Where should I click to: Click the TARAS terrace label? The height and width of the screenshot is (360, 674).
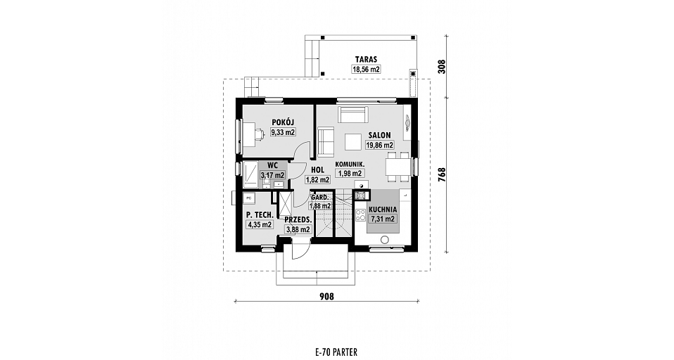pos(366,59)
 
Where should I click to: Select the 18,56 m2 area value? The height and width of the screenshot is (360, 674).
pos(366,69)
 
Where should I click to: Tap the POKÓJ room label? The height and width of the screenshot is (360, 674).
pos(283,123)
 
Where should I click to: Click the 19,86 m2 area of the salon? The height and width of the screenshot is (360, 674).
pos(379,146)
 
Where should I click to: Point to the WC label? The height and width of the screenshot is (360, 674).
pos(272,165)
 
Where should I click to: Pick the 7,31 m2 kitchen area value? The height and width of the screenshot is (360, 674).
pos(382,219)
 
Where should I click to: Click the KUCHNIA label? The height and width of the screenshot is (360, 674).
pos(382,210)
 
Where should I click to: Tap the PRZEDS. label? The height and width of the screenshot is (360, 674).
pos(298,220)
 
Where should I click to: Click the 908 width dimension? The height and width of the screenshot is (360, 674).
pos(327,296)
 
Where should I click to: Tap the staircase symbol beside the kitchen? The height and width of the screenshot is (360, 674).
pos(334,214)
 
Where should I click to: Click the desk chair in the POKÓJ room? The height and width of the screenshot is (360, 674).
pos(259,134)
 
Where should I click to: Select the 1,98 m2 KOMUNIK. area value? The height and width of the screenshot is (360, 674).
pos(351,174)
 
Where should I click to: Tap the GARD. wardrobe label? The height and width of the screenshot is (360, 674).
pos(320,197)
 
